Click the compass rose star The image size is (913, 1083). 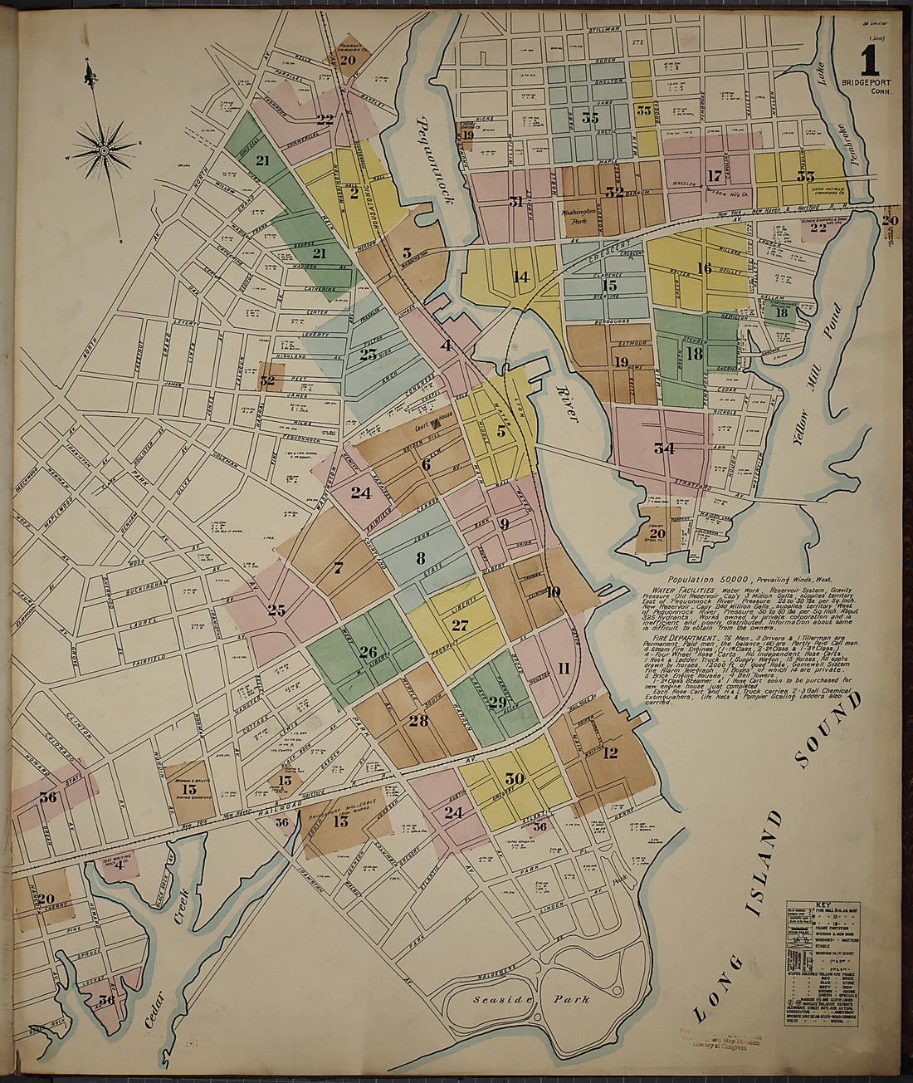click(x=104, y=150)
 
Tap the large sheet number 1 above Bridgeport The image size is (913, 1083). click(x=869, y=61)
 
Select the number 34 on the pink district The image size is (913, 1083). click(x=663, y=449)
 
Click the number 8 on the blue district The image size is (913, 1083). click(x=421, y=557)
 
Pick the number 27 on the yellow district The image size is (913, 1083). click(x=460, y=625)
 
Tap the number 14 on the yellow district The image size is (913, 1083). click(x=520, y=277)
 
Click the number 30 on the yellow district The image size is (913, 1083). click(x=515, y=778)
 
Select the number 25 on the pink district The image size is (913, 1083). click(x=276, y=610)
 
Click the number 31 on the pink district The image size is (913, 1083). click(x=516, y=201)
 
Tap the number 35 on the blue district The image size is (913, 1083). click(x=590, y=118)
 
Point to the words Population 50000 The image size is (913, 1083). click(x=707, y=577)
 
